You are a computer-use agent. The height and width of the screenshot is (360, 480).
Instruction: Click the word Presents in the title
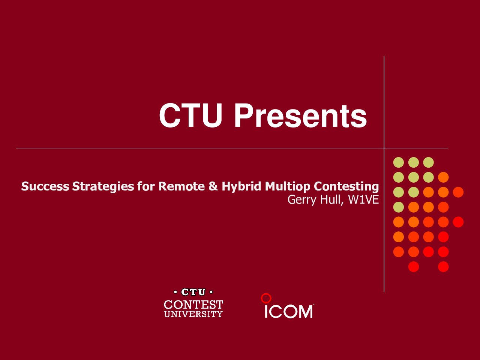300,115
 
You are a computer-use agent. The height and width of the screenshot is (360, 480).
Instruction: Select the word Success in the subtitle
45,186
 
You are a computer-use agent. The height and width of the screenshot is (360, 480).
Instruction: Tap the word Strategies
103,187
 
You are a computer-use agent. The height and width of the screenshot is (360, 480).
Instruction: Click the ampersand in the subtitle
213,186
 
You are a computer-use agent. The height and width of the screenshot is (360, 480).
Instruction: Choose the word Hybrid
241,187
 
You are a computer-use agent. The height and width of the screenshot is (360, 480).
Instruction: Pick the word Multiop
287,187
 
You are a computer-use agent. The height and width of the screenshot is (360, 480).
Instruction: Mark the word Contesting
346,187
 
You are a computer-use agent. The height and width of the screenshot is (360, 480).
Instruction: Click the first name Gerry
302,200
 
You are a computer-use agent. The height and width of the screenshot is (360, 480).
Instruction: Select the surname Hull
331,199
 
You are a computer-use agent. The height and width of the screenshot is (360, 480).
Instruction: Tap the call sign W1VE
363,199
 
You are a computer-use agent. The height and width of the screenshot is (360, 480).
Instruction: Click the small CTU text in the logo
193,292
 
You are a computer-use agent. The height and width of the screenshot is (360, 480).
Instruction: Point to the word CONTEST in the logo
193,304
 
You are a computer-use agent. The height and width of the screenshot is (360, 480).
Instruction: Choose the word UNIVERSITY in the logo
193,314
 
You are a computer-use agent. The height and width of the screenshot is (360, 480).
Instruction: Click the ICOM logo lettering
289,312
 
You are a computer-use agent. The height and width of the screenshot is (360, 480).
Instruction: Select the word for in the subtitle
146,186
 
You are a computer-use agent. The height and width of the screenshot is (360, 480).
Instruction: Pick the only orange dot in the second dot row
443,177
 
